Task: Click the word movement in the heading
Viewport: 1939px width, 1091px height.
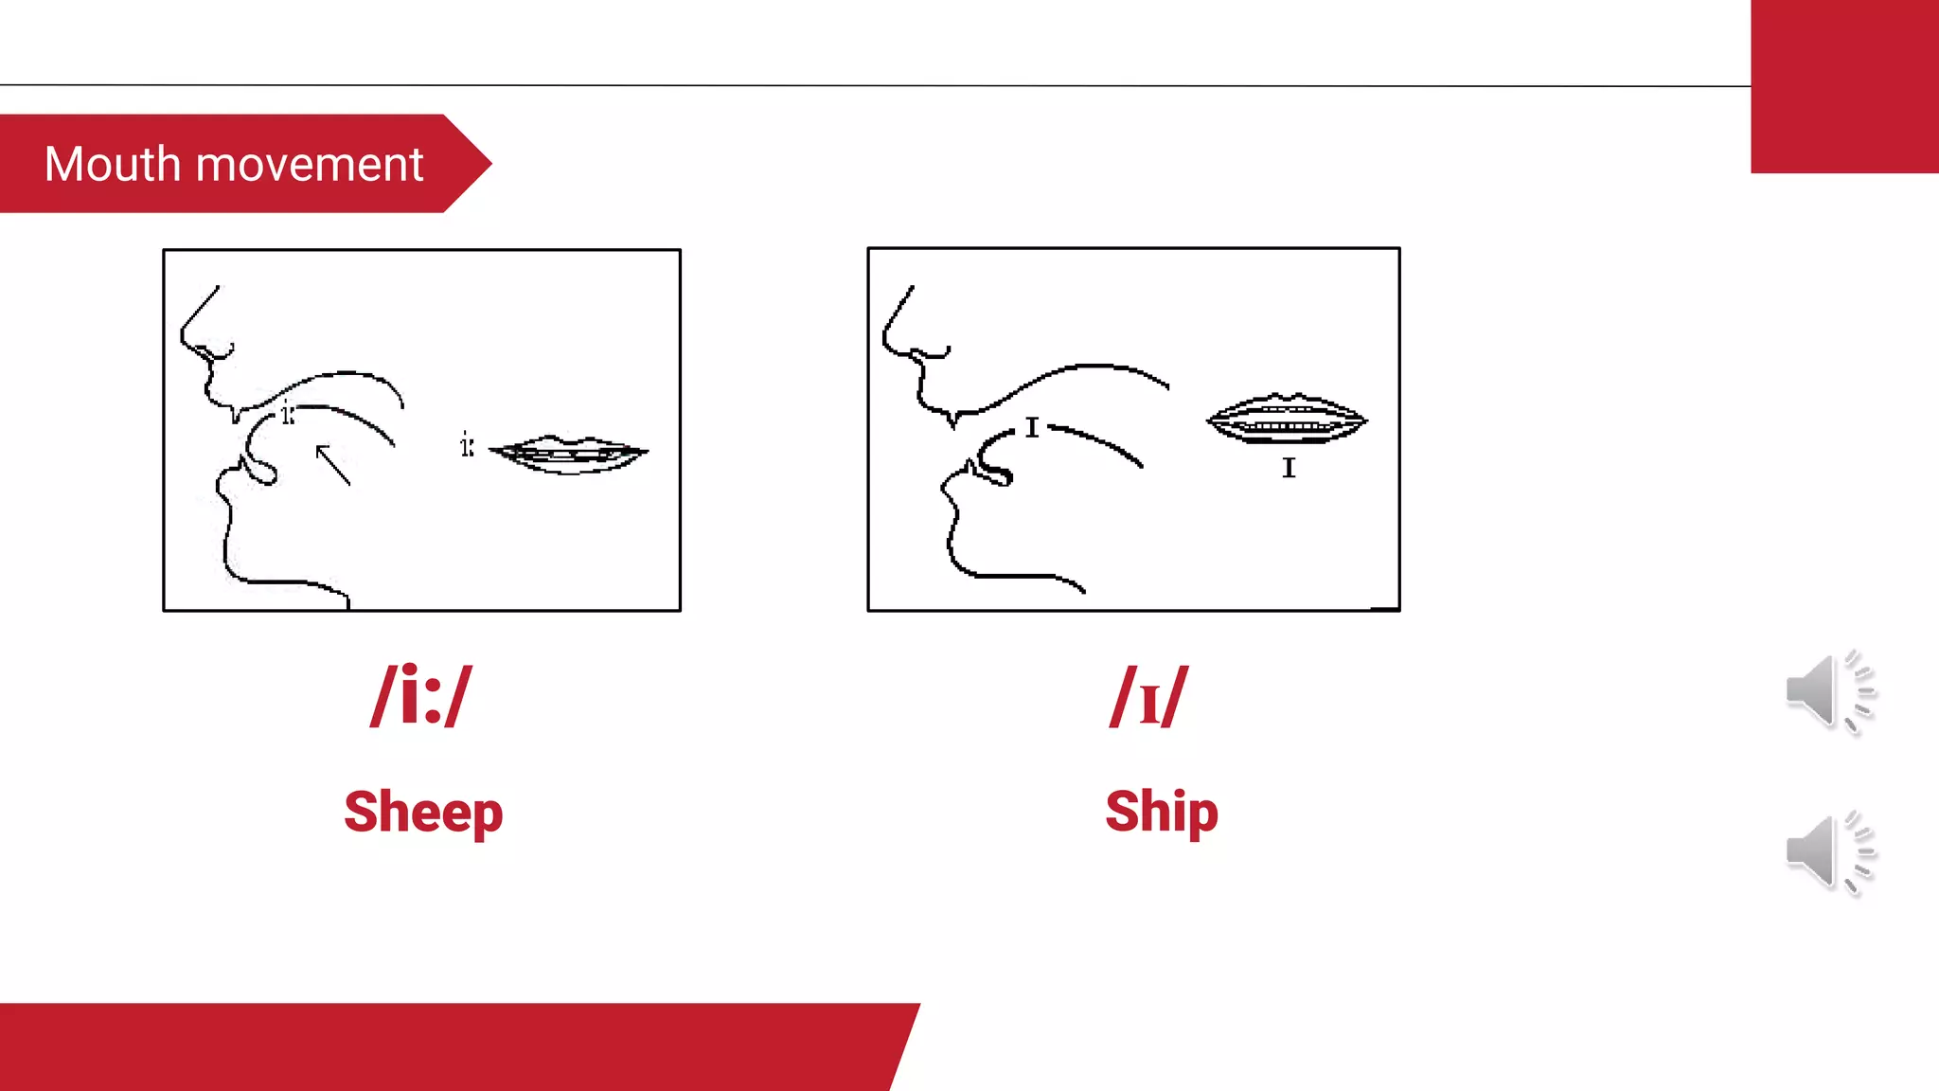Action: (x=310, y=165)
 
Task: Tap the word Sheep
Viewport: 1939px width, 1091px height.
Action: (x=422, y=813)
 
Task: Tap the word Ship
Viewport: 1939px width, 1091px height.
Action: (x=1161, y=813)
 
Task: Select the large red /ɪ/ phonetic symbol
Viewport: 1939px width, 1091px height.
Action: (x=1148, y=698)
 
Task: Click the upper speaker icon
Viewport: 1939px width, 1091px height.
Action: (x=1828, y=691)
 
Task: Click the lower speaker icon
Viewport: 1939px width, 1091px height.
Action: (x=1828, y=851)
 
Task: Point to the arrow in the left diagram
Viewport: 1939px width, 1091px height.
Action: (x=332, y=464)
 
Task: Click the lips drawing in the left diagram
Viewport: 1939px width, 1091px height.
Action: (x=568, y=454)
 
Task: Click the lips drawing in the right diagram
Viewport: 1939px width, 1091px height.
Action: (x=1287, y=420)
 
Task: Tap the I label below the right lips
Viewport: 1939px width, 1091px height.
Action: (x=1289, y=468)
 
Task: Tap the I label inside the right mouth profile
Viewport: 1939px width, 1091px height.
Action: (x=1032, y=428)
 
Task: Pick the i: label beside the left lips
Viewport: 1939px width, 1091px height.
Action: (x=467, y=444)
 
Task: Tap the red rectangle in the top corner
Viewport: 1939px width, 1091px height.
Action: (x=1843, y=86)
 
